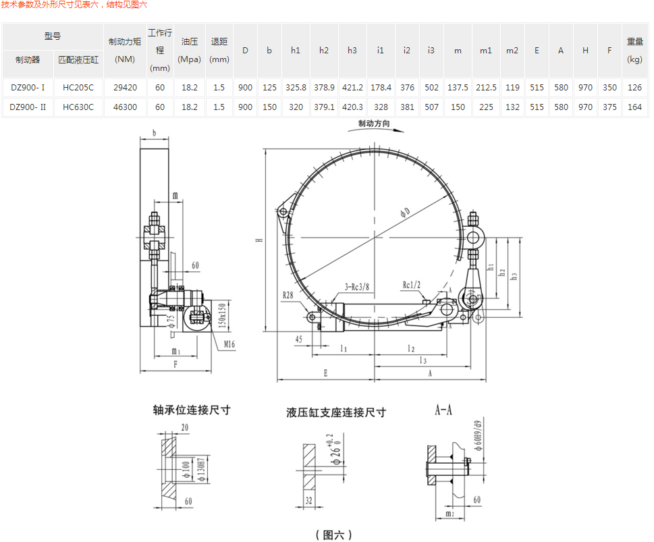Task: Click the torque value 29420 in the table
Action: click(126, 87)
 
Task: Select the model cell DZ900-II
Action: click(28, 107)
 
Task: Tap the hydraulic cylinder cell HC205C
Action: click(78, 87)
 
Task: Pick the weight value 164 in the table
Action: click(634, 107)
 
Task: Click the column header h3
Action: click(352, 51)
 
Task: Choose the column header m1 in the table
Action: click(486, 51)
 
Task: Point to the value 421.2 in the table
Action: click(352, 87)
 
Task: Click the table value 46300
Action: click(126, 107)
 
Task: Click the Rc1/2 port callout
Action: click(412, 285)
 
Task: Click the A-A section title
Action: click(443, 410)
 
